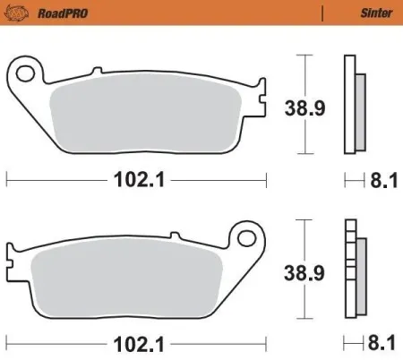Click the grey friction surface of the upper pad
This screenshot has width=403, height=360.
coord(148,116)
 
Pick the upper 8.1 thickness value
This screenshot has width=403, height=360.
coord(382,179)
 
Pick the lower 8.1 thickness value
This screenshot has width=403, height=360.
coord(382,342)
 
